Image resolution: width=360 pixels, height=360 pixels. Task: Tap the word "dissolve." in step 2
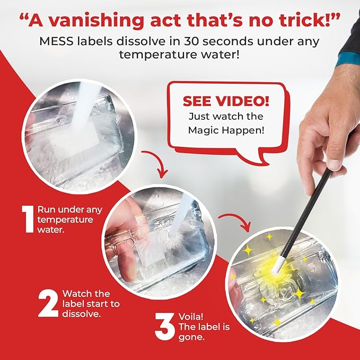pyautogui.click(x=80, y=313)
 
